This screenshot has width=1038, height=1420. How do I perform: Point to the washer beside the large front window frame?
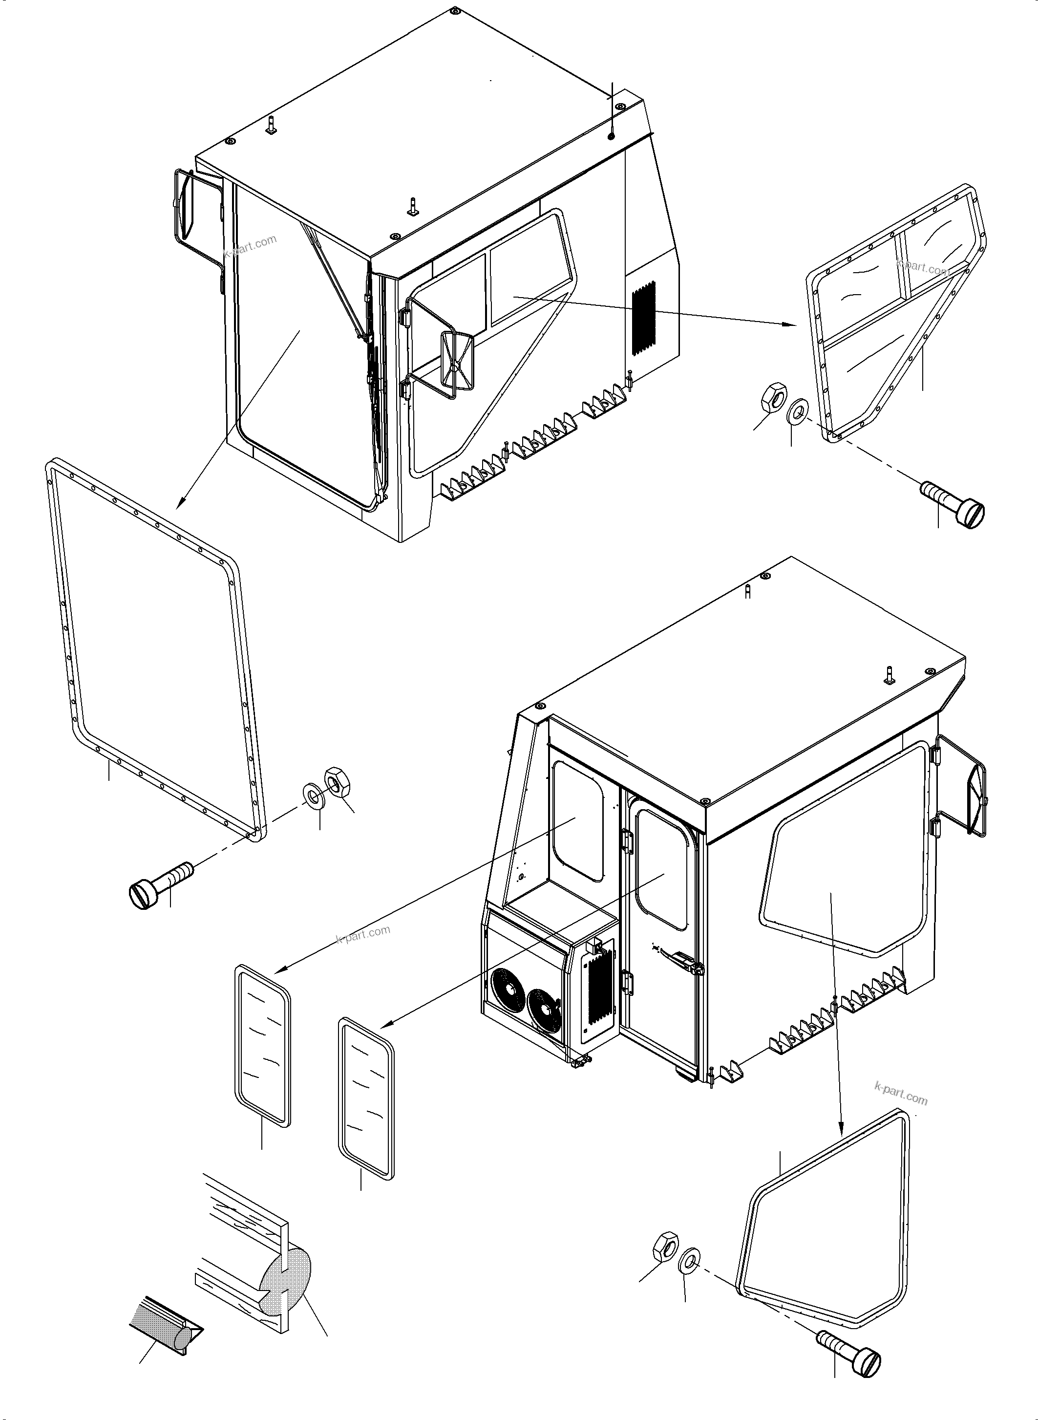point(313,793)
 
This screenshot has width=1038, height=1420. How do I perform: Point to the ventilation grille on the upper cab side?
point(642,319)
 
